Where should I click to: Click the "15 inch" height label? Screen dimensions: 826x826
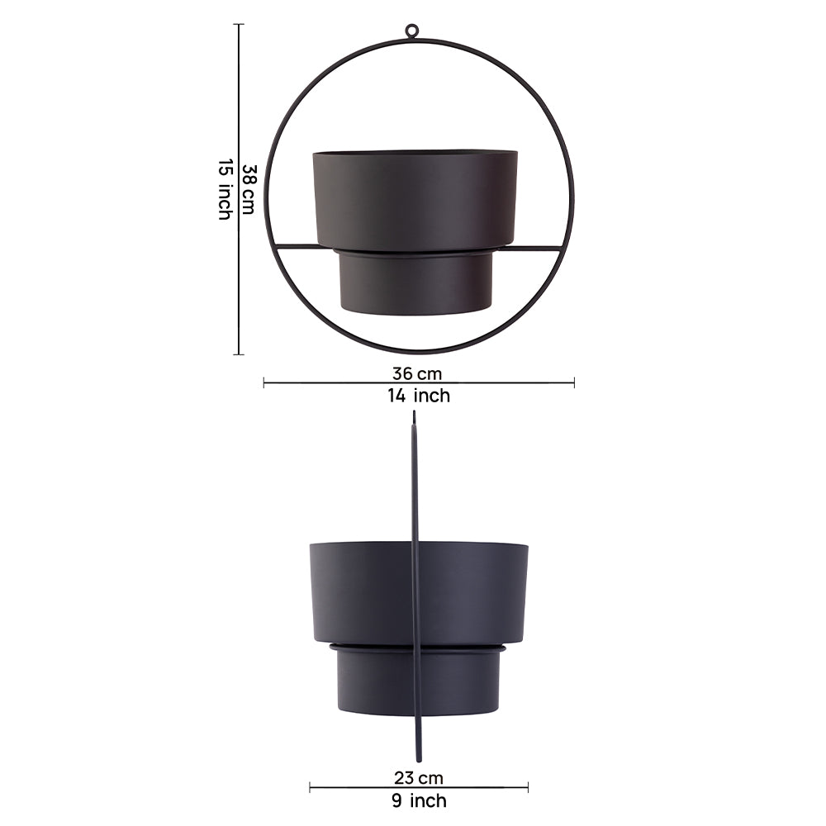click(225, 189)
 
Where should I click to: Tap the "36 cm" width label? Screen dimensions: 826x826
click(417, 373)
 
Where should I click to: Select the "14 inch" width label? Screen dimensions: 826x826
click(419, 396)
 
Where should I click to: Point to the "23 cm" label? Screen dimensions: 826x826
click(418, 777)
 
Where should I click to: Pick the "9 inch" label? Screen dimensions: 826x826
click(418, 800)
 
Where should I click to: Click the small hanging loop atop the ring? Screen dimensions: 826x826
click(411, 31)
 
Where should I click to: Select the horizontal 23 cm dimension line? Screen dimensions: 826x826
click(363, 788)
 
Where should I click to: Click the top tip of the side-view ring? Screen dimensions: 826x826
click(414, 415)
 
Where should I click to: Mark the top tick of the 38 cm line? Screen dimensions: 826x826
click(240, 24)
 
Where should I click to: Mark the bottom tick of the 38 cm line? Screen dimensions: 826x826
click(240, 354)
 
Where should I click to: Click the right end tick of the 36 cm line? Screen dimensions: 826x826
click(574, 382)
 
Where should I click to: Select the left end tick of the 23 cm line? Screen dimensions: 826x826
click(310, 788)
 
